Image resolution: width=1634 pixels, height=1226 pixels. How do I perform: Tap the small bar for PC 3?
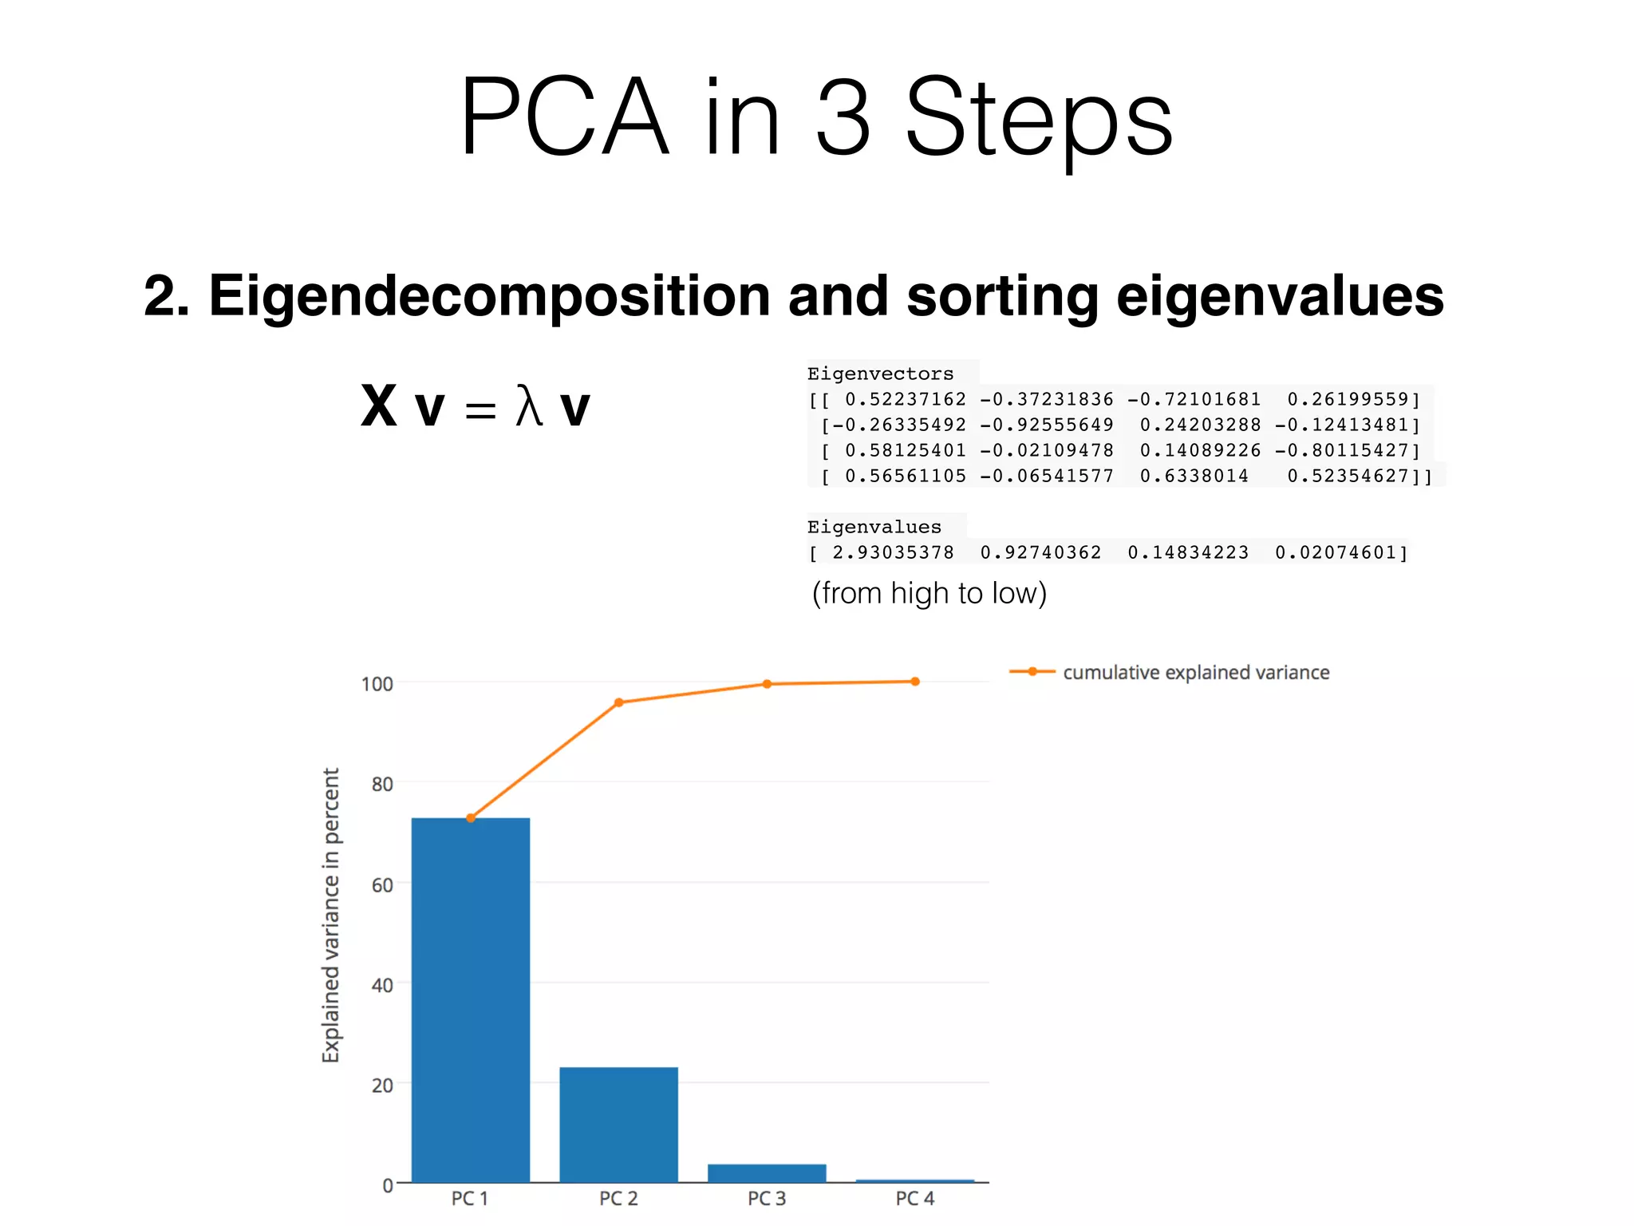pos(767,1173)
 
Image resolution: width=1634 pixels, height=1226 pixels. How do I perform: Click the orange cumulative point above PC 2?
pos(619,702)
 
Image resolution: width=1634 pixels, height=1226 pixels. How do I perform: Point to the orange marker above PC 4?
pos(915,682)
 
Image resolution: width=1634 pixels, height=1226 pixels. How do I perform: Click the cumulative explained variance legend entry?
pos(1195,672)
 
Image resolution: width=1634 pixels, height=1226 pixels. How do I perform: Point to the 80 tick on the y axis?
pos(382,784)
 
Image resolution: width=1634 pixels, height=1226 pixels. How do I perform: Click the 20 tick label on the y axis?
pos(382,1085)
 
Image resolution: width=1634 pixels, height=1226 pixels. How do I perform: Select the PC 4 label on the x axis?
pos(914,1198)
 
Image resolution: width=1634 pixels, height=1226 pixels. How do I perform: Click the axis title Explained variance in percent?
pos(330,915)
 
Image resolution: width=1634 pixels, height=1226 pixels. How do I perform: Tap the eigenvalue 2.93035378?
pos(893,552)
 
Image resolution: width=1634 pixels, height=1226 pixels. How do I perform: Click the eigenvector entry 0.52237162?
pos(905,399)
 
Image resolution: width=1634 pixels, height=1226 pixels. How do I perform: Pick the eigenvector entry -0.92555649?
pos(1046,425)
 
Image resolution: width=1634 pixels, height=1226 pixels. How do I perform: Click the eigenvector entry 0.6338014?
pos(1194,476)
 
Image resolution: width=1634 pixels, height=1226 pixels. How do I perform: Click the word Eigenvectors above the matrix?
pos(880,374)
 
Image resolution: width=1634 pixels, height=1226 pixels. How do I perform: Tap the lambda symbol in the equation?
pos(529,406)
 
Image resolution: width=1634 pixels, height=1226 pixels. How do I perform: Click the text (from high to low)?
pos(929,593)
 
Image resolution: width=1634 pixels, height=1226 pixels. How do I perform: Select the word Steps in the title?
pos(1039,118)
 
